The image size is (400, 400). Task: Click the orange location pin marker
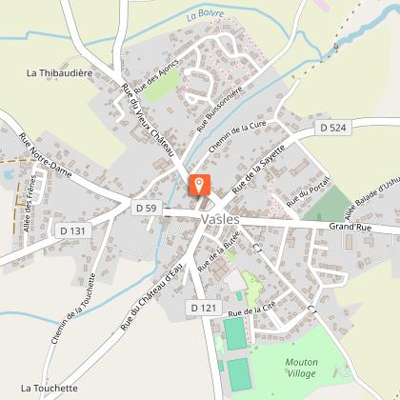coord(200,185)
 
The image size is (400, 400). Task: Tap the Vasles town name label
coord(222,218)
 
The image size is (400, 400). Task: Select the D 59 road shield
coord(146,208)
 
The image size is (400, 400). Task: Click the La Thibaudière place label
coord(56,71)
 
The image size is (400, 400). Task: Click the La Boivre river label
coord(204,14)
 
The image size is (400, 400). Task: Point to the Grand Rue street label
coord(349,227)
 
